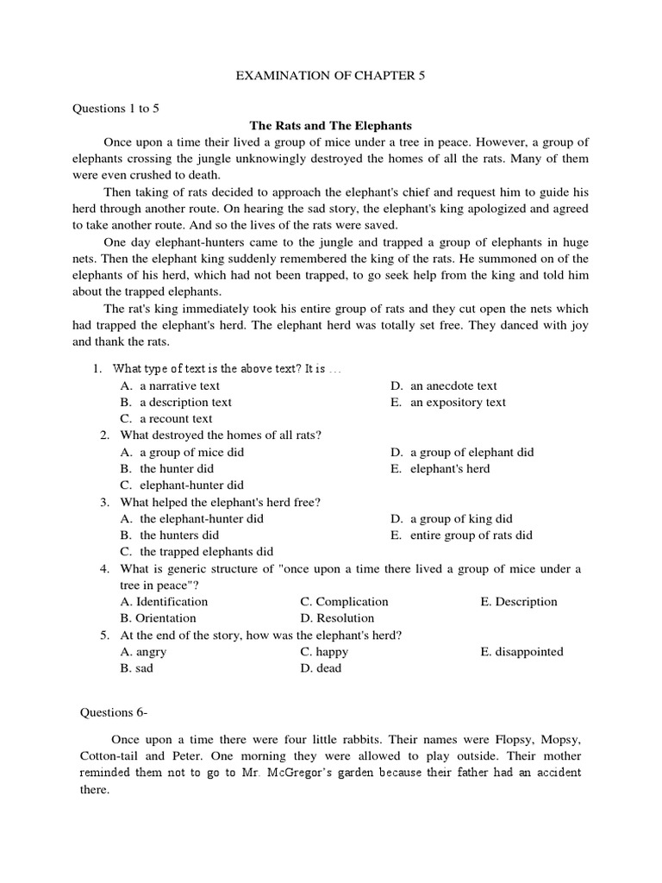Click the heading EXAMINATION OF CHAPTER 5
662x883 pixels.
331,77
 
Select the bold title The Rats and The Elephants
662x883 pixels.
330,125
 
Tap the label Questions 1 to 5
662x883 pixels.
120,109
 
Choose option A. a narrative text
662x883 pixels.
171,385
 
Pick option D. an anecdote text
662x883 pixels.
443,385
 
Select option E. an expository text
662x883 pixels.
447,402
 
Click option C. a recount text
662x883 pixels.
166,418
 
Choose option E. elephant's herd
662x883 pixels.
440,468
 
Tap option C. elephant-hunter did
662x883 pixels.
182,485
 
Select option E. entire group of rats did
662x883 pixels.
461,535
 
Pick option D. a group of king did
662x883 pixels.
451,518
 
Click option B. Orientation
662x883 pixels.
159,617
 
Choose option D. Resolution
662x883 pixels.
337,617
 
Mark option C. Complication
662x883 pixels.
344,601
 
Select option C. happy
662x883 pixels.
324,651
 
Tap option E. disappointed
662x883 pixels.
521,651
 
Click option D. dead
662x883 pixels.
322,667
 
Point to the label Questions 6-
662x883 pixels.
114,711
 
